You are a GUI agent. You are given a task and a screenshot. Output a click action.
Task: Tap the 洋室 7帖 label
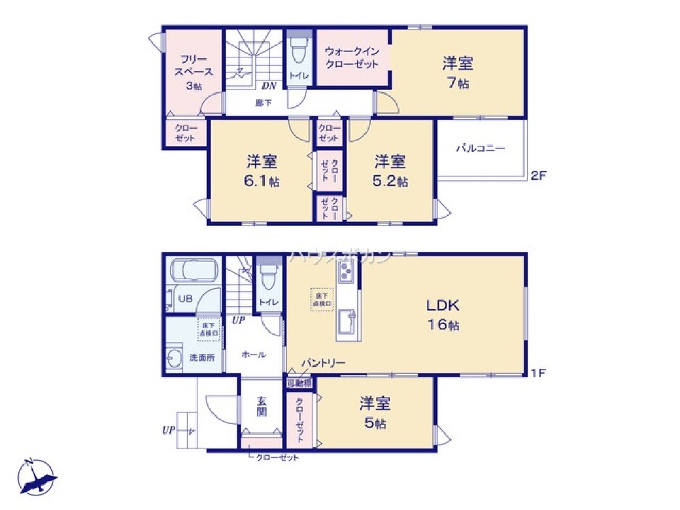click(x=458, y=73)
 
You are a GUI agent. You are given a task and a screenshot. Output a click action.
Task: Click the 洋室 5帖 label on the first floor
click(x=375, y=413)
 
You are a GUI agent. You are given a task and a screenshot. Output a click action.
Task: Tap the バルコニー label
click(x=480, y=148)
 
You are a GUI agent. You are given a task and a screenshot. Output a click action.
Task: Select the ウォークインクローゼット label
click(x=351, y=58)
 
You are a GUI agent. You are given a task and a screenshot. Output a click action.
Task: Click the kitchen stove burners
click(x=344, y=273)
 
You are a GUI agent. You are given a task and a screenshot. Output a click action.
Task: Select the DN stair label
click(x=269, y=86)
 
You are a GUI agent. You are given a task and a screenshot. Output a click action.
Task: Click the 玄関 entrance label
click(x=261, y=407)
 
